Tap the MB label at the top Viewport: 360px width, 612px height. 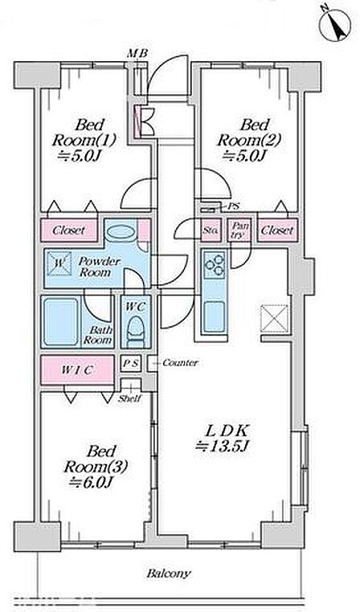(137, 54)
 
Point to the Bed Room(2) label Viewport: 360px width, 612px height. (249, 141)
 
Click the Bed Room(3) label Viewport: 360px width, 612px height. (96, 467)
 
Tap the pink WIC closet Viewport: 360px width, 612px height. (78, 369)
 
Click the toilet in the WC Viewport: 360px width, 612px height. (135, 332)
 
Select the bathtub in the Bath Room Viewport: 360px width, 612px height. (60, 322)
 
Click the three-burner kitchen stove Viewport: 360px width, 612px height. (215, 264)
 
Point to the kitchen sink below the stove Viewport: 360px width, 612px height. (215, 316)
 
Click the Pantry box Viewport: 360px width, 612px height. (239, 231)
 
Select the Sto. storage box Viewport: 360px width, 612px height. (211, 231)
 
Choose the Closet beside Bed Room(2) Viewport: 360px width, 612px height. (277, 230)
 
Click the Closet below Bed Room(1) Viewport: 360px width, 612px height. (69, 230)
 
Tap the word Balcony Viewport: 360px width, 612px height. (169, 573)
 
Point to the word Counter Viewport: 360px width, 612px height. (180, 362)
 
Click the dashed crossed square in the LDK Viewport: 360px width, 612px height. (275, 319)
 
